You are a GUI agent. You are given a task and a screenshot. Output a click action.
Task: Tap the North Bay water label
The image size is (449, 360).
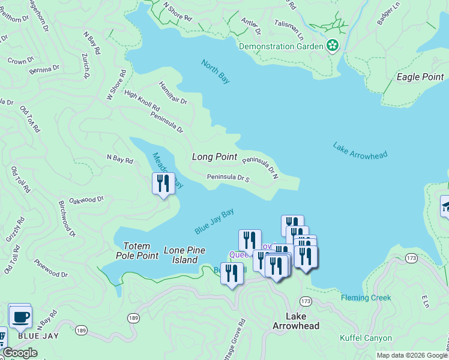tap(215, 71)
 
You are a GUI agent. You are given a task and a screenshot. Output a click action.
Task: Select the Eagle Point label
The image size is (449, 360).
tap(420, 77)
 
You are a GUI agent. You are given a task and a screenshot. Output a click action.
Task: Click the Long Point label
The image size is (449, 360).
tap(214, 157)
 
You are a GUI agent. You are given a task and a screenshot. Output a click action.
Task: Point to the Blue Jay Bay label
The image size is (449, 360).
tap(214, 221)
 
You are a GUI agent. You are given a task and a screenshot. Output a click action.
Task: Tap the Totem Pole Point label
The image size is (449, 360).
tap(140, 251)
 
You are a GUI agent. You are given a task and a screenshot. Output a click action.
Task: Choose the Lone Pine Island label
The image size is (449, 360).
tap(184, 255)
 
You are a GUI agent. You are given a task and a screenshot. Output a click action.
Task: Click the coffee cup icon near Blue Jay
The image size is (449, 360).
tap(20, 316)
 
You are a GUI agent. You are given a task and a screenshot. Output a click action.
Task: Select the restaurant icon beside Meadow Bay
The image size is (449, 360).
tap(163, 183)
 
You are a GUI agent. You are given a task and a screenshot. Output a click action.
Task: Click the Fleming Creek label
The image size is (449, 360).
tap(366, 298)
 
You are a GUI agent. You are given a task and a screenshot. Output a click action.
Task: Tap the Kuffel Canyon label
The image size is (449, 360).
tap(366, 338)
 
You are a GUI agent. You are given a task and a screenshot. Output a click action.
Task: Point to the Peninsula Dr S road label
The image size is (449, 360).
tap(228, 178)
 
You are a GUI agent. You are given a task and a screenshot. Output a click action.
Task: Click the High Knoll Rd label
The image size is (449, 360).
tap(142, 101)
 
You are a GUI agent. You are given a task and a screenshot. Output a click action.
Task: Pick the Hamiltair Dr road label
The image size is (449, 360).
tap(173, 92)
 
